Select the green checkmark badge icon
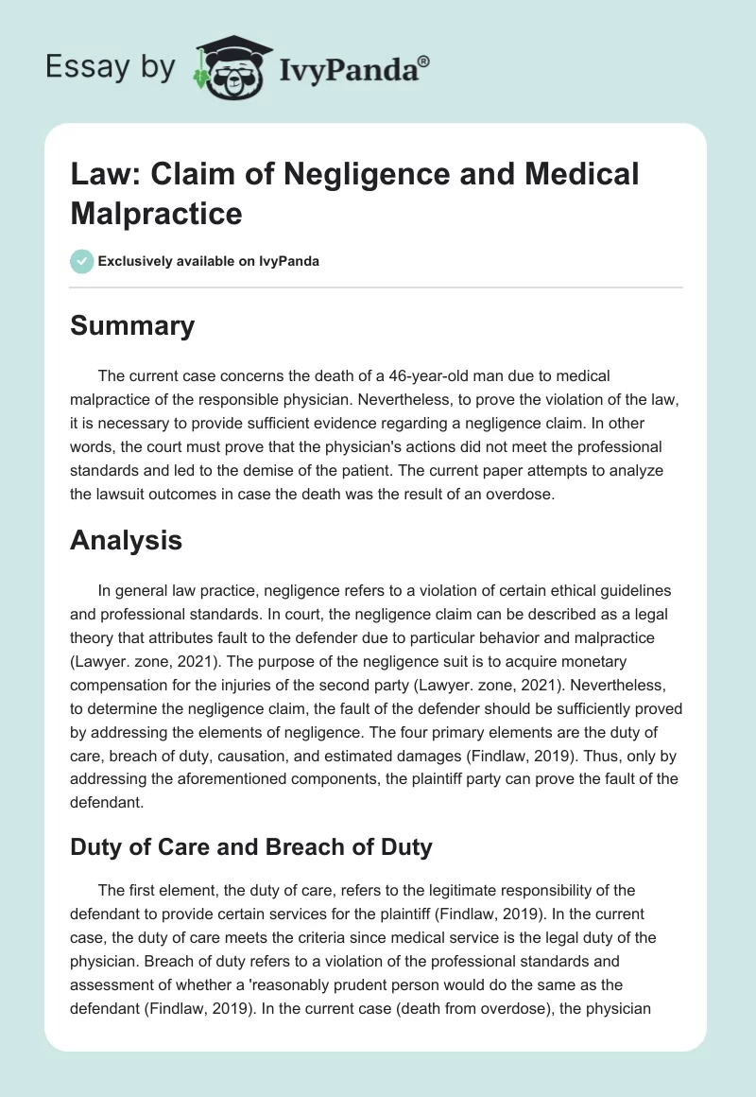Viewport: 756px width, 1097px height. tap(82, 261)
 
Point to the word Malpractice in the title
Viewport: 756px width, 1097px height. tap(156, 212)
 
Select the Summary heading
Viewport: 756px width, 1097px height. tap(132, 325)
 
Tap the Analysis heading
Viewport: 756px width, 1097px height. tap(126, 541)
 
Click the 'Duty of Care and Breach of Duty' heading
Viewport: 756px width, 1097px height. tap(251, 847)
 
